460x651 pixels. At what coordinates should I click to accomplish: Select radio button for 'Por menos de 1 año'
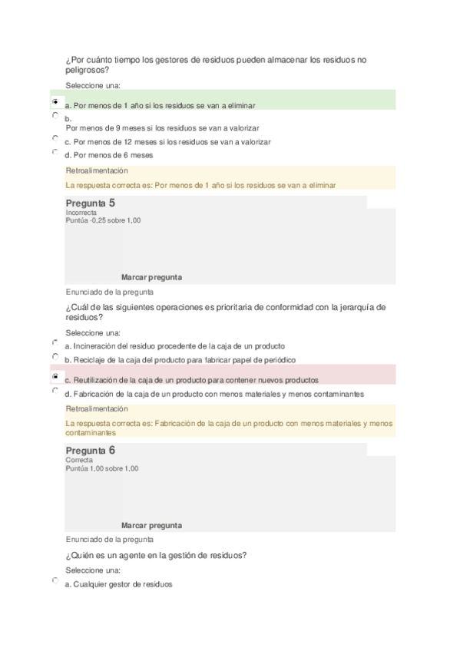click(55, 101)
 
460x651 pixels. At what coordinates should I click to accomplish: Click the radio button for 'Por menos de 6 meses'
click(55, 152)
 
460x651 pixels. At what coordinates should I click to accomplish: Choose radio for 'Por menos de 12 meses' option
click(55, 138)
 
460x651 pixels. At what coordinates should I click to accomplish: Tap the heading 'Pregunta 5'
click(91, 203)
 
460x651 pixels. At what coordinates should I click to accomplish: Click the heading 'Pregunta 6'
click(91, 450)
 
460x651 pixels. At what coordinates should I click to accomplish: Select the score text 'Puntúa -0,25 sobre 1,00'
click(103, 220)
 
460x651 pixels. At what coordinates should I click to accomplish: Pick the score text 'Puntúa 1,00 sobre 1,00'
click(102, 468)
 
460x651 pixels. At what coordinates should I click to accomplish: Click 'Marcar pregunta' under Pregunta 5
click(151, 277)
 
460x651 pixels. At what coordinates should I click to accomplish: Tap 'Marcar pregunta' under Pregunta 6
click(151, 525)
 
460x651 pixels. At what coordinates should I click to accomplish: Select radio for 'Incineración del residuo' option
click(55, 343)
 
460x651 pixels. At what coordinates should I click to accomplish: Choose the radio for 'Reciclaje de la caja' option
click(55, 357)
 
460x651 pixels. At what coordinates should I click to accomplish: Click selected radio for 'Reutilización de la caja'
click(55, 377)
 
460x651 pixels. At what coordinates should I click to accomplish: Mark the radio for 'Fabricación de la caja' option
click(55, 391)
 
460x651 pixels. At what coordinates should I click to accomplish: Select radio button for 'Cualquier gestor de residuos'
click(55, 581)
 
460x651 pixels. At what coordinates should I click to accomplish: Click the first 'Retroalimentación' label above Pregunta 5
click(97, 170)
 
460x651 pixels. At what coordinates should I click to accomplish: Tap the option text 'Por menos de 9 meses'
click(162, 128)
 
